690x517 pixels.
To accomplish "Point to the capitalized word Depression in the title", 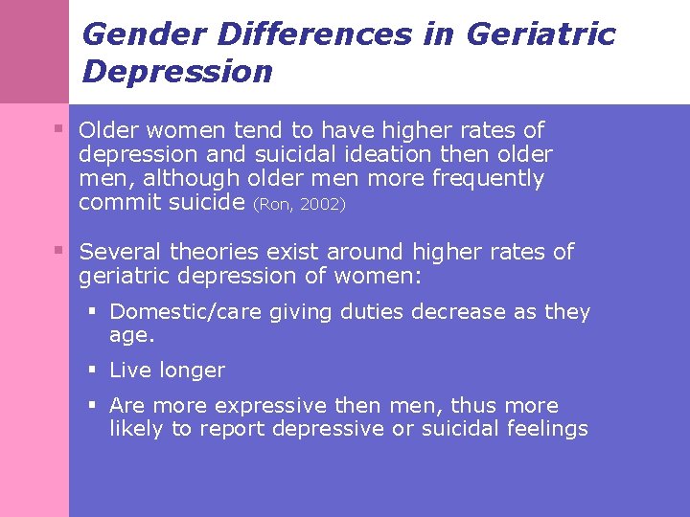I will click(x=177, y=72).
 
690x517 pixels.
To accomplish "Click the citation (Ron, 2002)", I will click(x=299, y=204).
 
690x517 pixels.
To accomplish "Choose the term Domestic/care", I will click(x=178, y=312).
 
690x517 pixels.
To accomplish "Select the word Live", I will click(x=129, y=371).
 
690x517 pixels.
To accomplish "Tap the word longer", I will click(x=193, y=371).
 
